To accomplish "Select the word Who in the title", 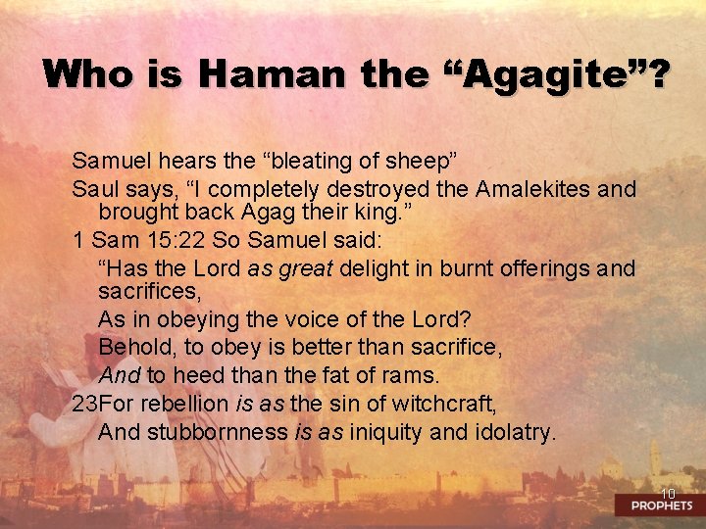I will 85,74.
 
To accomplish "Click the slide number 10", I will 668,494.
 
